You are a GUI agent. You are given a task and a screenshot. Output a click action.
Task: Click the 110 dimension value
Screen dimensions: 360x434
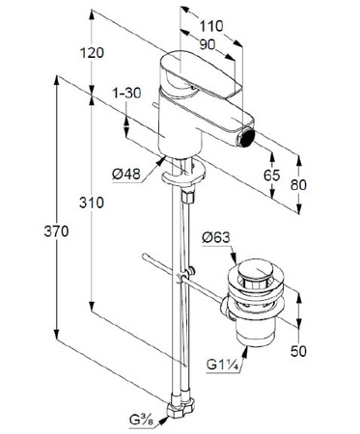coord(211,26)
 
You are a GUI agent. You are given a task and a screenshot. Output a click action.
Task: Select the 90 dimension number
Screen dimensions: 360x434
coord(207,44)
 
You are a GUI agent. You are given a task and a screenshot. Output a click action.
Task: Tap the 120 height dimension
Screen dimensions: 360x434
coord(92,53)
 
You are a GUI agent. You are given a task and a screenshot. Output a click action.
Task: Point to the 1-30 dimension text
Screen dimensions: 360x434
coord(126,93)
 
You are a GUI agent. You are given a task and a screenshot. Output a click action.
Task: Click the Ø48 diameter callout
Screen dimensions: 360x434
coord(126,175)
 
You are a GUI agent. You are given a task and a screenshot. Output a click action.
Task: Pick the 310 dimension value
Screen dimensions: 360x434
coord(92,203)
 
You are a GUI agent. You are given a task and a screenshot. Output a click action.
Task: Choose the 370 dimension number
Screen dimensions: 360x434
coord(56,231)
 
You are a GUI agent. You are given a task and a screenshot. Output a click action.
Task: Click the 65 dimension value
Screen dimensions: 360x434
coord(272,176)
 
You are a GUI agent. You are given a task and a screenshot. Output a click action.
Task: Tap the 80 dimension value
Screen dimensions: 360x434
coord(298,185)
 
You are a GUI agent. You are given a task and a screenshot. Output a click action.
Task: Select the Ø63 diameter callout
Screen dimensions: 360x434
coord(216,238)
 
